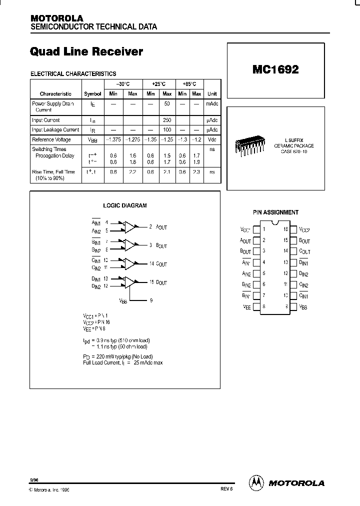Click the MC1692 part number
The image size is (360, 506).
(275, 70)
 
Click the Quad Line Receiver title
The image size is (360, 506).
(86, 51)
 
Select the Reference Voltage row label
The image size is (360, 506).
(51, 140)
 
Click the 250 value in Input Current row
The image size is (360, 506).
(167, 120)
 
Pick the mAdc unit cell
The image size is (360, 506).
(212, 104)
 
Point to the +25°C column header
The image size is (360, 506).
(158, 84)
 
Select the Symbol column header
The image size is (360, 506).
(92, 94)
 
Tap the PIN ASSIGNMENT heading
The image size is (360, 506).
(275, 212)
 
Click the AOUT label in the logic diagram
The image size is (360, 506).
(161, 227)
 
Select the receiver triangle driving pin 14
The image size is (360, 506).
(130, 263)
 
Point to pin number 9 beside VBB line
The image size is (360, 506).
(150, 300)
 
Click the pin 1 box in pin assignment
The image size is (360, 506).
(256, 229)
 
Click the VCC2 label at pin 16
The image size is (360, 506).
(304, 229)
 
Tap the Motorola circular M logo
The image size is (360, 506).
(256, 482)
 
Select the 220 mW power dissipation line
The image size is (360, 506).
(117, 356)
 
